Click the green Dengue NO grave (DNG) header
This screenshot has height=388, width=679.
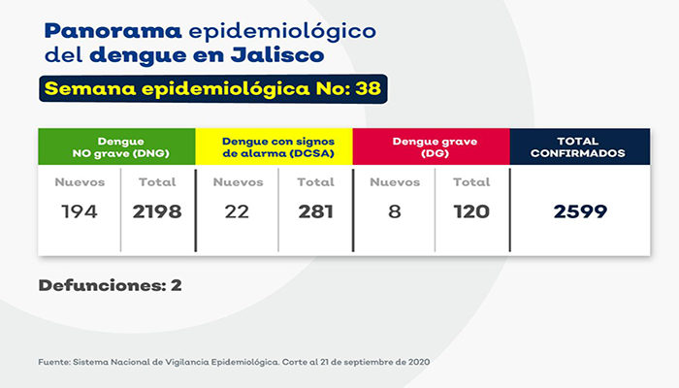coord(116,146)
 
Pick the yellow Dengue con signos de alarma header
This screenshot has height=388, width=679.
coord(275,146)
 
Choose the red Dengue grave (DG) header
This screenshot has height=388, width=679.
coord(431,146)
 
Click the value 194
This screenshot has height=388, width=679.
coord(79,211)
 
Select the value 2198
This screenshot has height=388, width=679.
coord(157,211)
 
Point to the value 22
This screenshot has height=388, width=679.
coord(237,211)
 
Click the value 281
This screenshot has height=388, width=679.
coord(315,211)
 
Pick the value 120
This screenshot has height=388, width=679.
coord(472,211)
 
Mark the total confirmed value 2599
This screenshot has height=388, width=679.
coord(580,211)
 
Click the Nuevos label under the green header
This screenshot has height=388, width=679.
coord(79,181)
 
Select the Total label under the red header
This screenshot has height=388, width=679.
coord(472,181)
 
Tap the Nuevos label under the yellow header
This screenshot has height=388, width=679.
coord(237,181)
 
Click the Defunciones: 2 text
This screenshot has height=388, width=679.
coord(110,285)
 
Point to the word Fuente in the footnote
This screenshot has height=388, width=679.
coord(53,361)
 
